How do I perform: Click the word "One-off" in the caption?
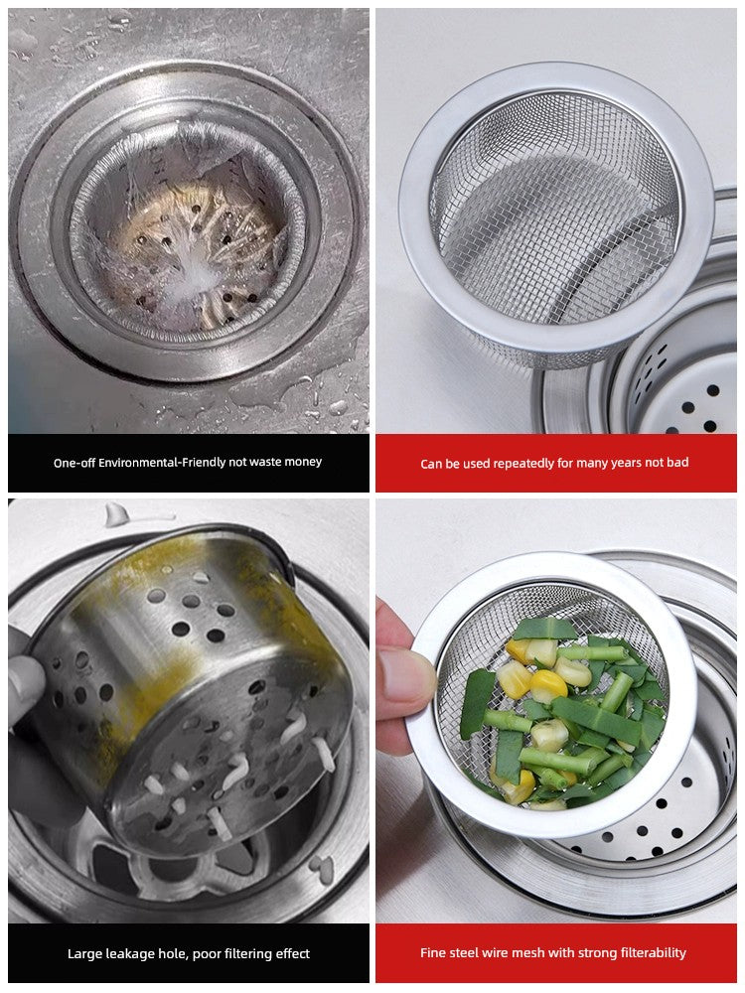click(74, 463)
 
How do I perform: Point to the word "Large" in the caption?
click(83, 953)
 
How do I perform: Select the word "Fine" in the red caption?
click(432, 953)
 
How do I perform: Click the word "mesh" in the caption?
click(520, 953)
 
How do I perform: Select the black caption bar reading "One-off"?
click(188, 463)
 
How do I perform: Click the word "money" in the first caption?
click(303, 463)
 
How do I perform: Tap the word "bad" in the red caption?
click(677, 463)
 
